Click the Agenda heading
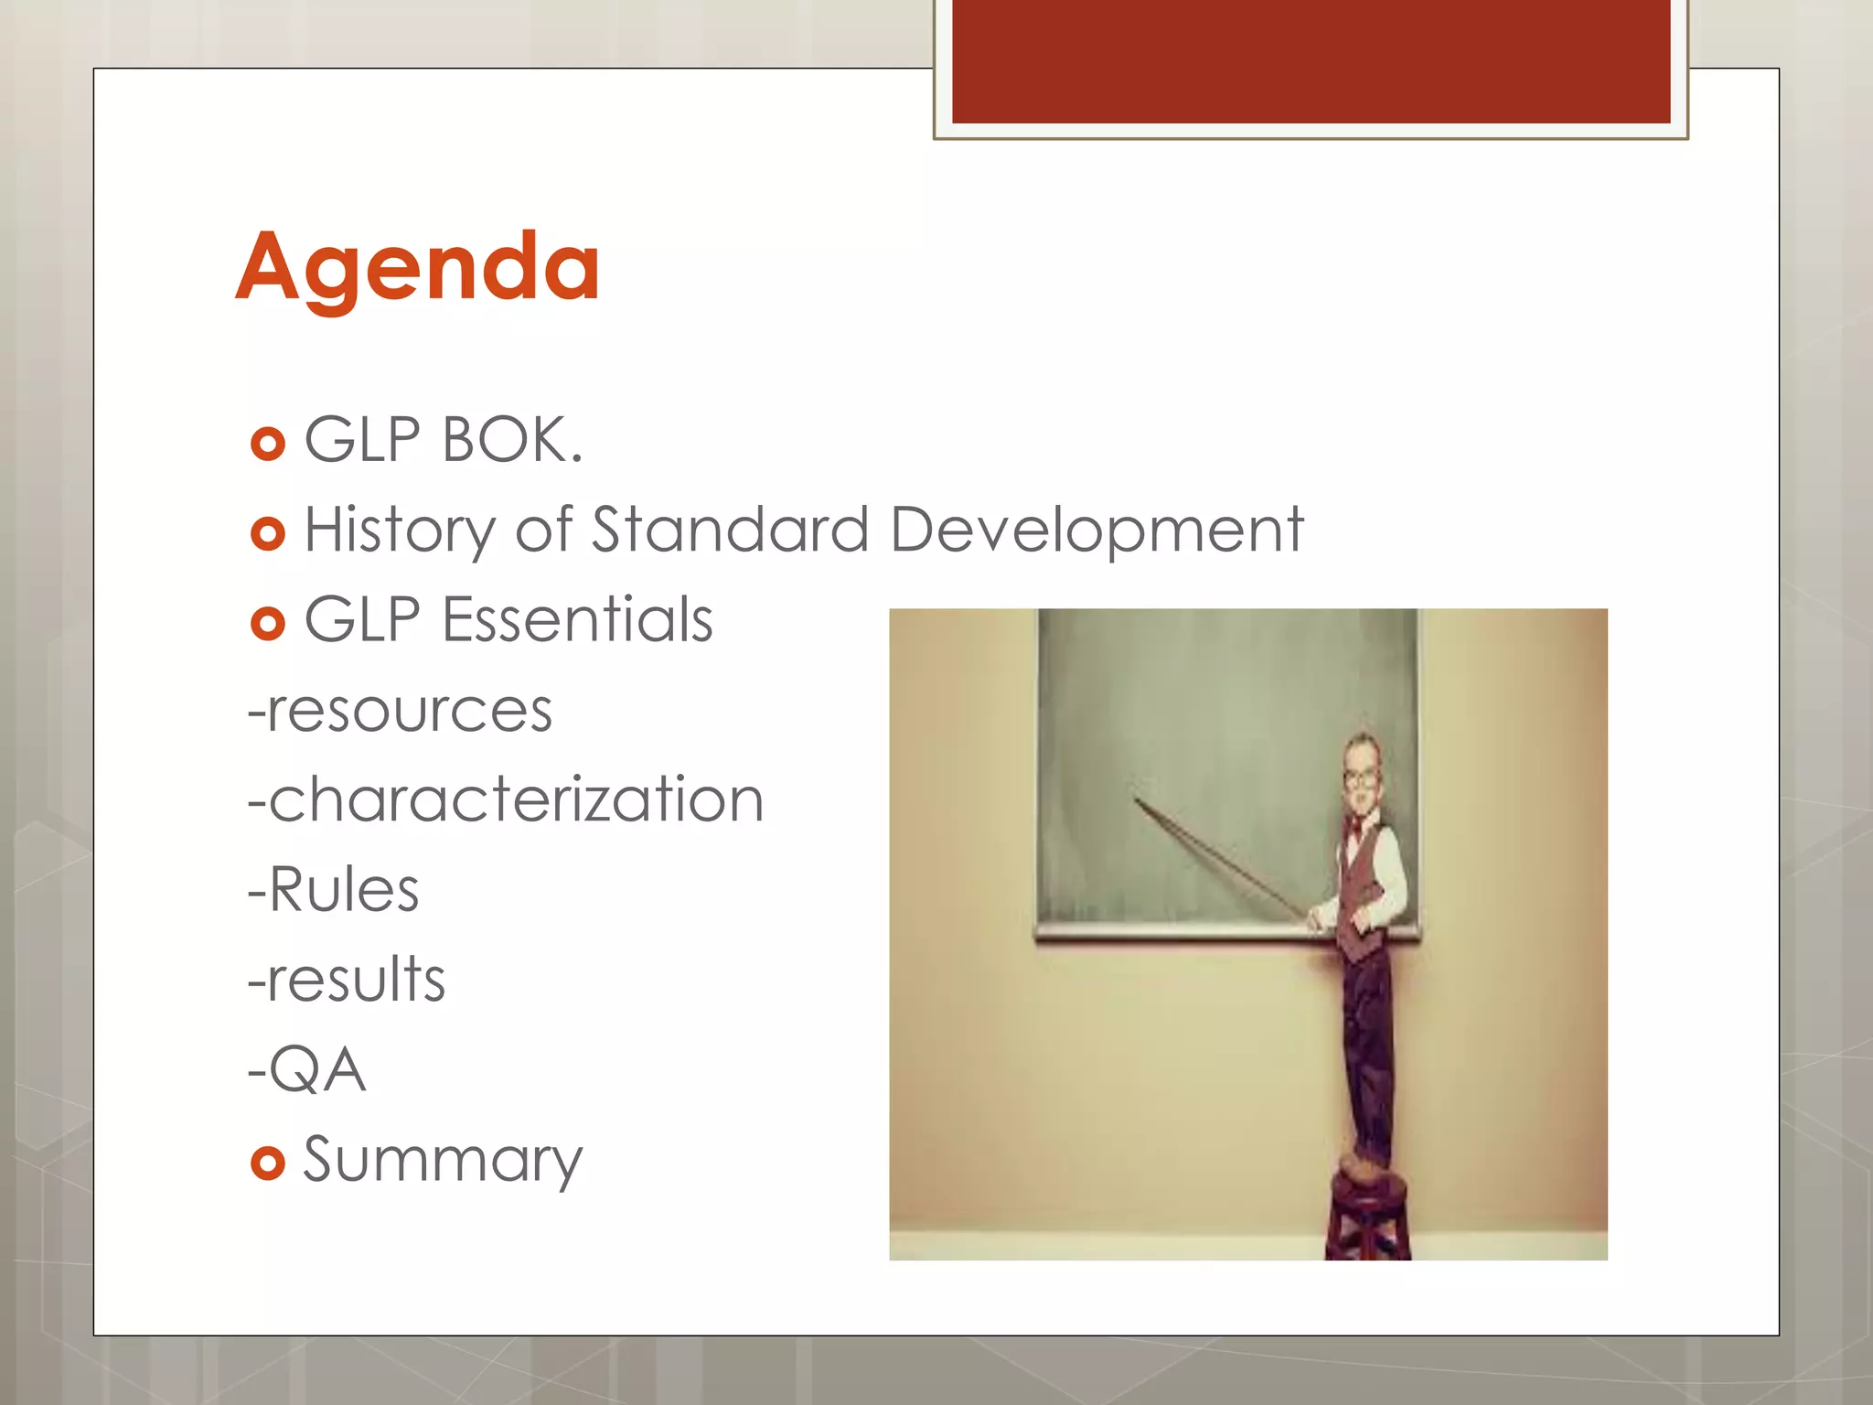click(x=418, y=267)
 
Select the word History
click(x=399, y=531)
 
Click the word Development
click(x=1096, y=531)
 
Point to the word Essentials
click(x=577, y=620)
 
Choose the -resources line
click(x=401, y=711)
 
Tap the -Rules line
click(x=334, y=890)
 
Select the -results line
click(x=347, y=980)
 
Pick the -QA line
click(x=307, y=1069)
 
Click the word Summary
click(x=443, y=1160)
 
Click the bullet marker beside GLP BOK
click(x=267, y=445)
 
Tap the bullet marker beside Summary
click(x=267, y=1164)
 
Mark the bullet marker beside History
click(x=267, y=534)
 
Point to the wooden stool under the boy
click(x=1368, y=1207)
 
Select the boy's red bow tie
click(x=1355, y=829)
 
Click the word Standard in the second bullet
click(x=730, y=531)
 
